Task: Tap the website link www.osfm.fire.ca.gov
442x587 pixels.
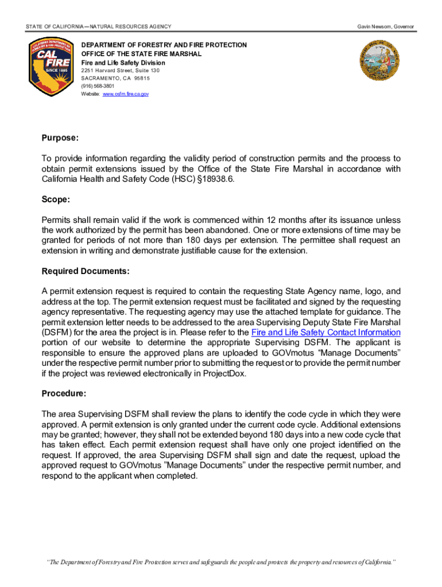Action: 125,94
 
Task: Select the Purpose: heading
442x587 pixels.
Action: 60,138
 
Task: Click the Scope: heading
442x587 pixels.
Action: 56,199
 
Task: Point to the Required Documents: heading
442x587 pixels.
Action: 86,271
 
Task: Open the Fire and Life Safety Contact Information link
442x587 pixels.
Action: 326,332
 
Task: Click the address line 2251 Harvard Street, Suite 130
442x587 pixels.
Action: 120,71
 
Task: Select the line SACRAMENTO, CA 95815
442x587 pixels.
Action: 115,79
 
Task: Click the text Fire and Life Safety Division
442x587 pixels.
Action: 123,62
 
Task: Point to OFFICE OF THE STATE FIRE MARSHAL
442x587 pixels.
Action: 141,54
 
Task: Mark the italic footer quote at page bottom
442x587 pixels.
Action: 221,562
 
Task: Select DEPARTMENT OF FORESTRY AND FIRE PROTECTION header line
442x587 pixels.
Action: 164,45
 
